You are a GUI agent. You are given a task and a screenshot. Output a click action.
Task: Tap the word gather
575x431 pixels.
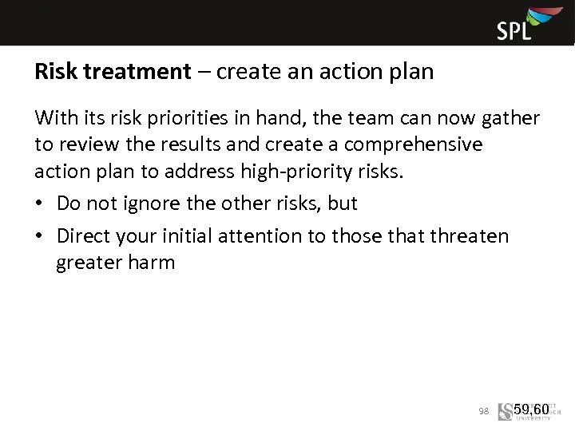click(x=508, y=119)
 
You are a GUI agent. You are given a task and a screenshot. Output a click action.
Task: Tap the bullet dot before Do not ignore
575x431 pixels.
click(x=41, y=204)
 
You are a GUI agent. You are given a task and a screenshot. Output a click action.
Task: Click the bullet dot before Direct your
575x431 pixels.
click(x=41, y=237)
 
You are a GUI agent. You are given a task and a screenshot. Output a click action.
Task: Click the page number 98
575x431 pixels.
click(x=483, y=411)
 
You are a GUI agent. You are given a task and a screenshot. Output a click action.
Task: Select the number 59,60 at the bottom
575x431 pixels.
click(x=532, y=410)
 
